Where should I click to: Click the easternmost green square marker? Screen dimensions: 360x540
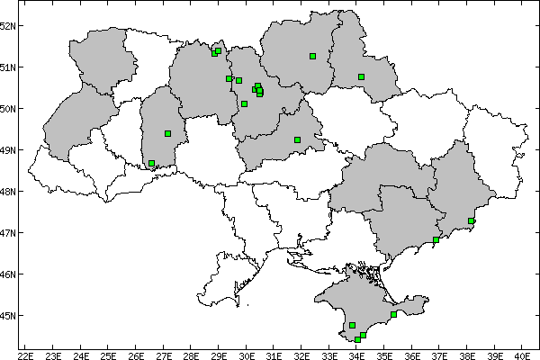coord(471,220)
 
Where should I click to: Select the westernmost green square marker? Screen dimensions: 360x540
coord(151,164)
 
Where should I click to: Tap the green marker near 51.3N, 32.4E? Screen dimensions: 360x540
coord(312,56)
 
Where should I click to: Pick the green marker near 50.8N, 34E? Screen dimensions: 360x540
coord(361,76)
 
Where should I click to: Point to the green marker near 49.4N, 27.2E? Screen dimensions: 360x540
coord(167,133)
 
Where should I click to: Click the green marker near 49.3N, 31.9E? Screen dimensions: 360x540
coord(297,139)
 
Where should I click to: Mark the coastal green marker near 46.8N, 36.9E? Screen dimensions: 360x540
coord(436,239)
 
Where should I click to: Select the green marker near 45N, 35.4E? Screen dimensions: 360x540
coord(394,314)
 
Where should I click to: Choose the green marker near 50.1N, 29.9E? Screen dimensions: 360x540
coord(244,104)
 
